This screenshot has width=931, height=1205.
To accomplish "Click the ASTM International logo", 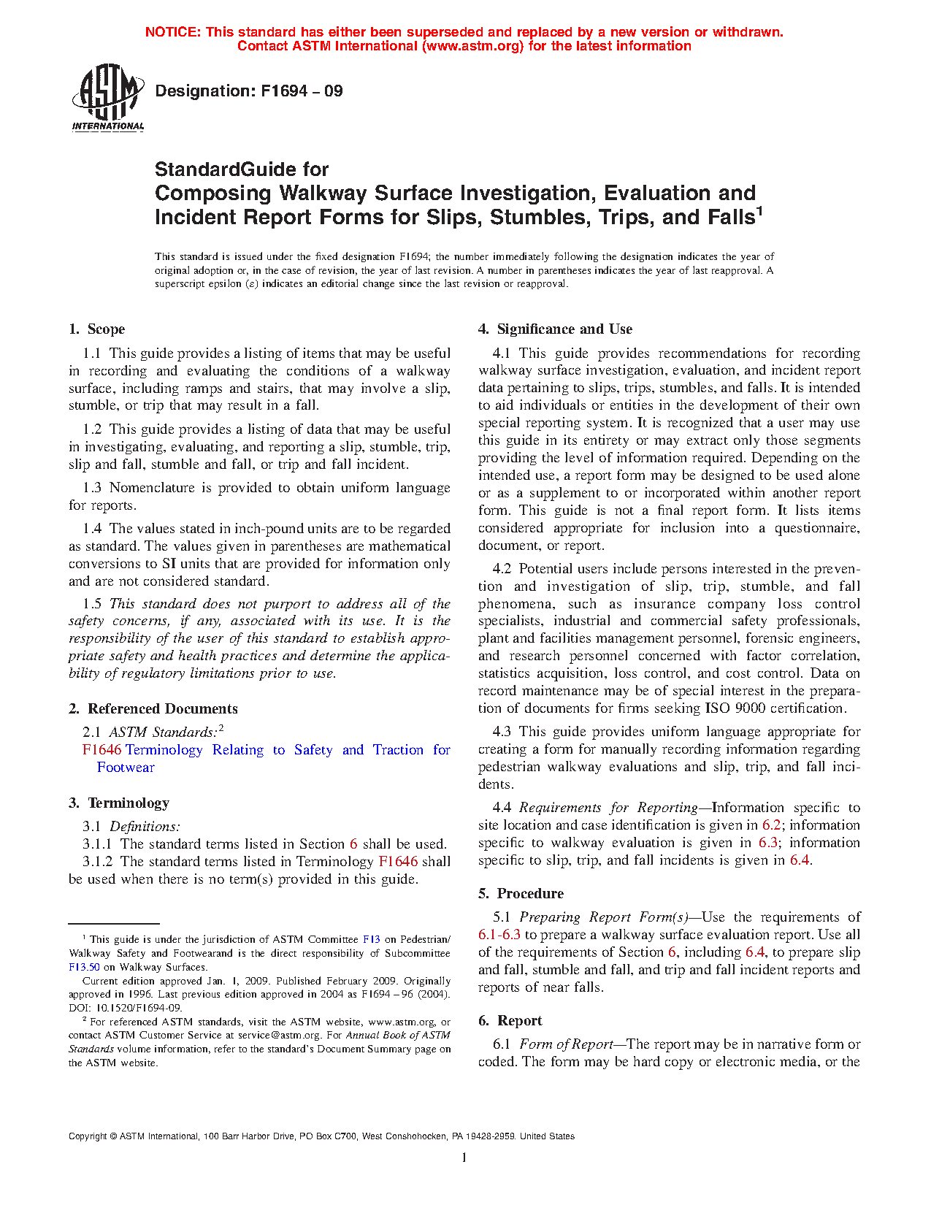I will (x=108, y=97).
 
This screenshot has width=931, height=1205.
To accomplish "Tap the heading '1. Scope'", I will (x=97, y=329).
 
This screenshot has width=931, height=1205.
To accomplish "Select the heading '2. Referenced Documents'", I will (x=153, y=709).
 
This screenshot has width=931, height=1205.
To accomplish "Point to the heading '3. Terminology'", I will (x=119, y=803).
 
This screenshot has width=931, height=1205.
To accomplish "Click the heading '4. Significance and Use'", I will (x=556, y=329).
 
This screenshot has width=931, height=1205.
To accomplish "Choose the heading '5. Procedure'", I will (x=521, y=894).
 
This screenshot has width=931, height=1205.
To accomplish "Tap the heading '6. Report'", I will (x=510, y=1021).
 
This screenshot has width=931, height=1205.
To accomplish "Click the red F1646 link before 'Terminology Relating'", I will (x=101, y=750).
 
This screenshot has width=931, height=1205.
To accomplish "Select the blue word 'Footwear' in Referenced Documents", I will (x=126, y=768).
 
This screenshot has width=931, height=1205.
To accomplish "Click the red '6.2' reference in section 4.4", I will (x=771, y=825).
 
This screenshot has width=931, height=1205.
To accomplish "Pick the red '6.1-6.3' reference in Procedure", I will (x=499, y=935).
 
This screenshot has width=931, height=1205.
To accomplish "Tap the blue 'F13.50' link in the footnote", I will (x=84, y=967).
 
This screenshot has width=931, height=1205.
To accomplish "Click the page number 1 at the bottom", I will (x=464, y=1158).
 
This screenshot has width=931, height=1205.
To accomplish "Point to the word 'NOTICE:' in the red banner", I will (x=173, y=32).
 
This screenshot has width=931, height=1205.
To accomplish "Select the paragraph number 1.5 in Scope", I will (x=92, y=604).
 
